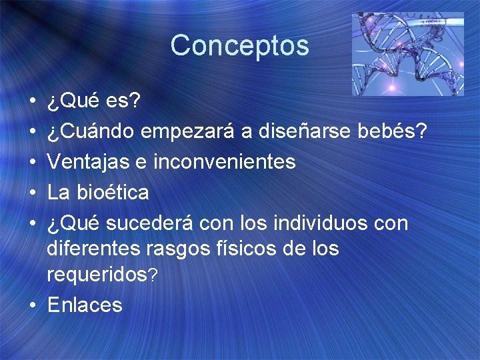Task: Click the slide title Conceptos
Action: tap(239, 46)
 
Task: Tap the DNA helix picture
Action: tap(407, 54)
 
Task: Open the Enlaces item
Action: tap(85, 305)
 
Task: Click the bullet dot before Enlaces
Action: tap(32, 305)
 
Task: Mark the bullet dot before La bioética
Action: tap(32, 193)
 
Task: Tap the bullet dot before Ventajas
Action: tap(32, 163)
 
